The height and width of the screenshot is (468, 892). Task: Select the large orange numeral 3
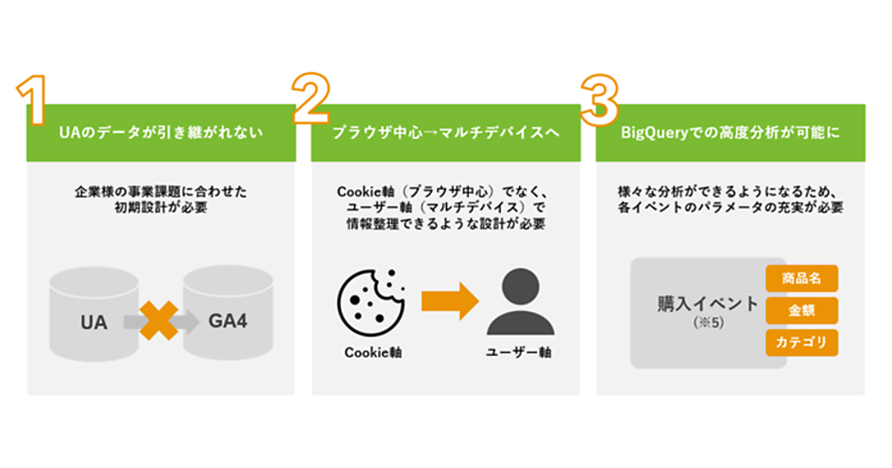point(599,99)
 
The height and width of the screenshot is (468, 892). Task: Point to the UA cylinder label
point(94,323)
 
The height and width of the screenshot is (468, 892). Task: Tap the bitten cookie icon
point(371,300)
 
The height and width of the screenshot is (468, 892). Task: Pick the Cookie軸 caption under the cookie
point(373,353)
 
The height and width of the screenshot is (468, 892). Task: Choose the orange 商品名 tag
point(801,279)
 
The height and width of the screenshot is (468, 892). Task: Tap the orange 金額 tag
point(801,311)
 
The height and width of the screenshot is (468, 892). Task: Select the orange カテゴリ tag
point(801,342)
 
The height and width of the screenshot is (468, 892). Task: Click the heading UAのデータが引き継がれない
point(161,134)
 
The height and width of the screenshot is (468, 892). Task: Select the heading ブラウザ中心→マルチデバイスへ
point(445,134)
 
